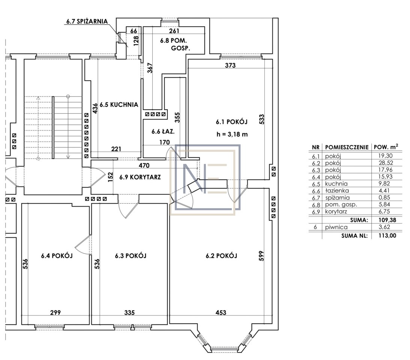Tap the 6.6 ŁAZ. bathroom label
[163, 131]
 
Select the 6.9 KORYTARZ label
[140, 177]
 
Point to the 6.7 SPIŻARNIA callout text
[87, 21]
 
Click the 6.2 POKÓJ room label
[221, 255]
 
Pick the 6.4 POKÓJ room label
[57, 255]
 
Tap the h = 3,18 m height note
[232, 134]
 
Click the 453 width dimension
[221, 312]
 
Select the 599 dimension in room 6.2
[261, 256]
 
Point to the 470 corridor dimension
[144, 165]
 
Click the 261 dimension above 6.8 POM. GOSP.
[174, 31]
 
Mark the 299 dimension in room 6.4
[56, 312]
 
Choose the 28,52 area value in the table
[386, 163]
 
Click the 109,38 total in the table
[387, 220]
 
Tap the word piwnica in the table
[336, 227]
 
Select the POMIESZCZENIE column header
[347, 147]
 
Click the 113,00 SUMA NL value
[387, 235]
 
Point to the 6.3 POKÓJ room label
[131, 255]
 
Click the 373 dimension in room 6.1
[230, 65]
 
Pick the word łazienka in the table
[337, 190]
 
